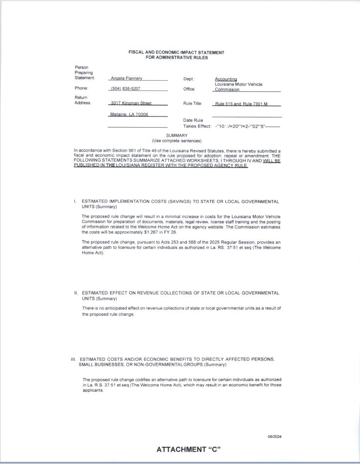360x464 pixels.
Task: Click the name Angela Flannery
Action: point(126,78)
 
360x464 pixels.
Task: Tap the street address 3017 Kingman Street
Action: point(131,103)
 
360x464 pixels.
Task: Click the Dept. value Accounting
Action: point(226,79)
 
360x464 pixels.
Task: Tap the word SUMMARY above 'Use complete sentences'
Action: point(177,135)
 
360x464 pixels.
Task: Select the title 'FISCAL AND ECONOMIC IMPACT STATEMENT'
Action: point(177,52)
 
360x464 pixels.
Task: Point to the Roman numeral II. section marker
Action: point(76,293)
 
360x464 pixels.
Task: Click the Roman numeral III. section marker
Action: point(74,359)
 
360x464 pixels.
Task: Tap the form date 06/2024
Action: point(274,437)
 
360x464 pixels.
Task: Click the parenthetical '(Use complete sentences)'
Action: point(177,141)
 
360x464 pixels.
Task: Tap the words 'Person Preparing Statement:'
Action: point(84,72)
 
